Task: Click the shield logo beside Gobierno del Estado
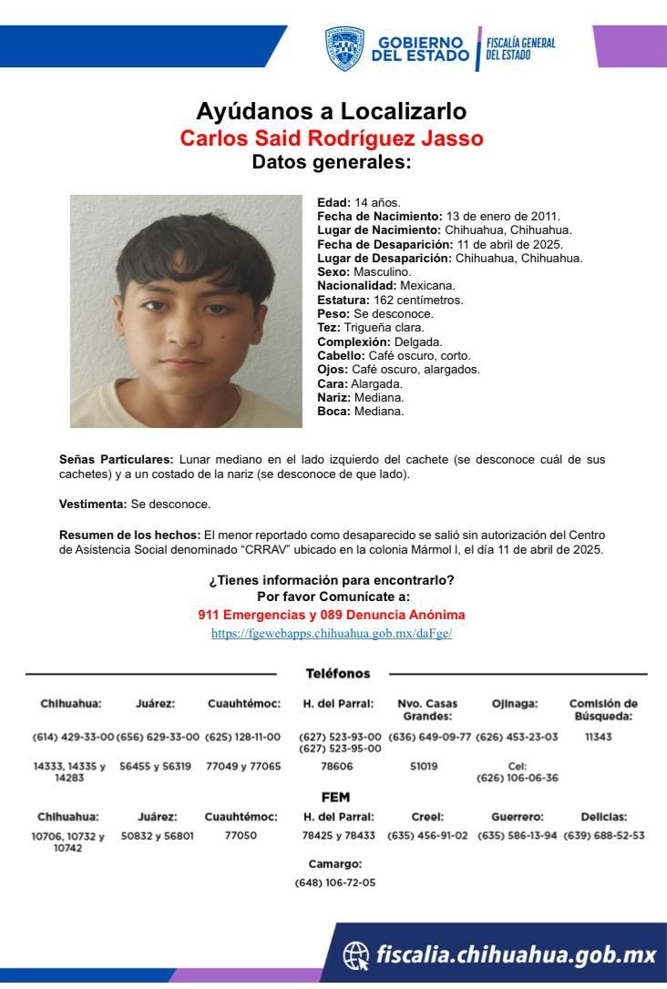(344, 48)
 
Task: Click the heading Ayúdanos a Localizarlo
(332, 111)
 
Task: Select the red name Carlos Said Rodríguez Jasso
(332, 138)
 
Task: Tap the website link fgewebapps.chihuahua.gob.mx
(332, 633)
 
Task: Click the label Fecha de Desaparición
(385, 244)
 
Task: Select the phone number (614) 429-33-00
(73, 736)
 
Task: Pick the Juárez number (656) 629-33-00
(158, 736)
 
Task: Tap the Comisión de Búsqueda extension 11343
(599, 736)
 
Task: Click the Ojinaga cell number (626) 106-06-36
(517, 778)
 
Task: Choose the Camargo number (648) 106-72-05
(334, 882)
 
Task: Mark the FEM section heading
(335, 797)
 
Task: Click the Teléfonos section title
(337, 674)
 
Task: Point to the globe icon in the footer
(355, 954)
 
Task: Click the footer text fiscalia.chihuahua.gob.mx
(516, 954)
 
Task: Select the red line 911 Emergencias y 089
(332, 615)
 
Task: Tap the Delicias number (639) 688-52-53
(604, 835)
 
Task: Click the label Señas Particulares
(116, 460)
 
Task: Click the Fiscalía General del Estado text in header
(520, 48)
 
